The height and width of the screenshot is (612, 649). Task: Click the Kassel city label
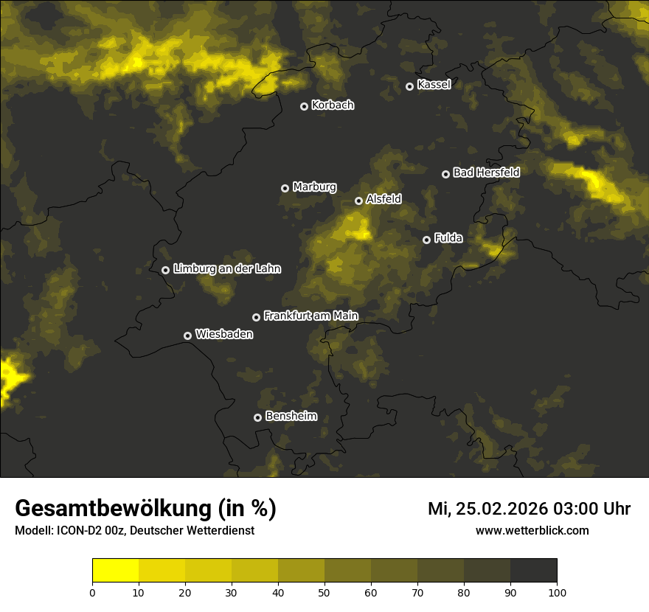[x=434, y=85]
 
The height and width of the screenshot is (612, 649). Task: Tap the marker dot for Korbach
[x=304, y=106]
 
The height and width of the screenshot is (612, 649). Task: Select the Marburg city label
[x=314, y=187]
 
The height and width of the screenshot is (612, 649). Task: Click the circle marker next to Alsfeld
[x=358, y=201]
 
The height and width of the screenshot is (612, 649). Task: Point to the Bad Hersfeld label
[x=486, y=173]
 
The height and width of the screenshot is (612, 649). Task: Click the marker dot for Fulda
[x=426, y=240]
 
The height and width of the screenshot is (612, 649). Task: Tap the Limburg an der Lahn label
[x=226, y=269]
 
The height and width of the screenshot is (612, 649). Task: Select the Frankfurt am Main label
[x=310, y=316]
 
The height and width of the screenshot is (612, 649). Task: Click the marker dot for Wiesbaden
[x=187, y=335]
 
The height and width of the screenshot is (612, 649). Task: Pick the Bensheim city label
[x=291, y=416]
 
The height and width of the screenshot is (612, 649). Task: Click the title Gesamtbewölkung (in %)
[x=145, y=509]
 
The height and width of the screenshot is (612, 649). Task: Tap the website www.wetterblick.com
[x=532, y=530]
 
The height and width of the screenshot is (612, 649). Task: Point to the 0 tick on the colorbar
[x=92, y=592]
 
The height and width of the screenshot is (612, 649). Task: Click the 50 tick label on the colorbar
[x=324, y=592]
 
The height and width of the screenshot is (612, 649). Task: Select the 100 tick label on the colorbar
[x=557, y=592]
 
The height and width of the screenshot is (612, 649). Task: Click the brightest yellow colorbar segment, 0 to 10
[x=116, y=570]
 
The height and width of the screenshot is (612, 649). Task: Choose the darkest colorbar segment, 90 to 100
[x=533, y=570]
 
